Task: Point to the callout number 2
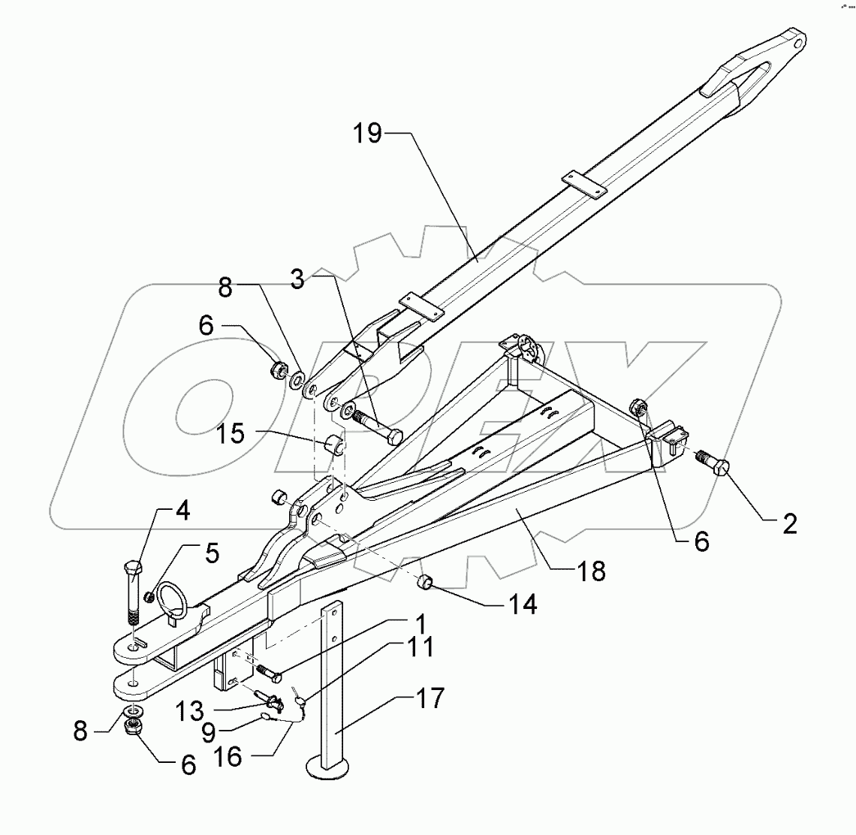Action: [x=788, y=524]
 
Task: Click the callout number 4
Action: [x=183, y=513]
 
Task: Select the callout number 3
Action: [x=297, y=280]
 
